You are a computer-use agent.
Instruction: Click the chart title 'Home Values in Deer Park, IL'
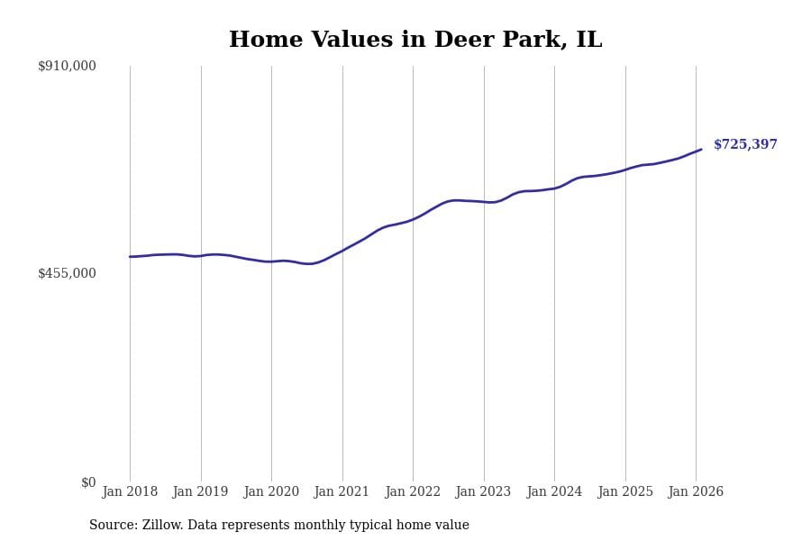415,41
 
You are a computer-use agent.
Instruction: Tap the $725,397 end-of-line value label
745,145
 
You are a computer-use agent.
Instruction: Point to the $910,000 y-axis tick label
67,66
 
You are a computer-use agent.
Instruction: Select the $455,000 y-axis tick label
67,273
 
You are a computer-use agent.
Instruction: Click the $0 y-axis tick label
88,482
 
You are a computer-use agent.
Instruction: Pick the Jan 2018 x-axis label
130,492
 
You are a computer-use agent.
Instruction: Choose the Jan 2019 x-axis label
201,492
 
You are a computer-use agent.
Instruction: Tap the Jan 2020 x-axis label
271,492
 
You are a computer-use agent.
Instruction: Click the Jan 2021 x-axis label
342,492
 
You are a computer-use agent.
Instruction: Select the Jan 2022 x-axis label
413,492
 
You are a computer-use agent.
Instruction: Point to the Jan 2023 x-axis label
484,492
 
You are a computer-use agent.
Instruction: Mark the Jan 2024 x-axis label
554,492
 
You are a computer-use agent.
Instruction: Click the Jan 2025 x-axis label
625,492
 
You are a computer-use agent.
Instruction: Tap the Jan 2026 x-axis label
696,492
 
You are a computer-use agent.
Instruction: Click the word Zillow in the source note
161,526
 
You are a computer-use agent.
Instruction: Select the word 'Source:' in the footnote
113,526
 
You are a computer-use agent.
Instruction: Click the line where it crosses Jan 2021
342,250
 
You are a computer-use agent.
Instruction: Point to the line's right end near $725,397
701,150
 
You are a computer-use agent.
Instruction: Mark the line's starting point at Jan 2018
130,257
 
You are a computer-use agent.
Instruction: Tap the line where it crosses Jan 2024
554,188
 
